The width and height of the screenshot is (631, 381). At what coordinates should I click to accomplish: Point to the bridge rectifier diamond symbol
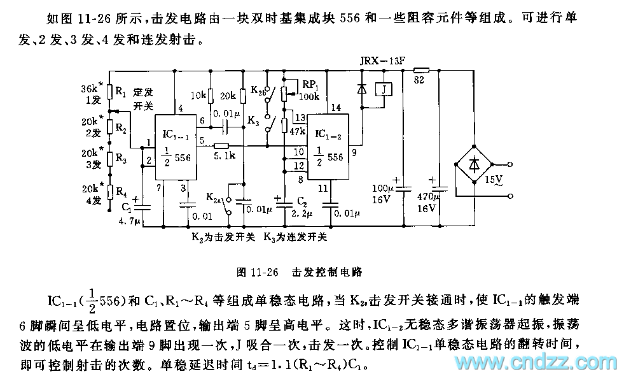click(x=475, y=164)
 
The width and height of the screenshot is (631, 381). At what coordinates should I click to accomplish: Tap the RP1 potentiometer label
click(x=310, y=84)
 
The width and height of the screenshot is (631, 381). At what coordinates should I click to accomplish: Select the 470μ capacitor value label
click(x=426, y=197)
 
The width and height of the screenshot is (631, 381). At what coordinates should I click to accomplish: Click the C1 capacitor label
click(x=127, y=208)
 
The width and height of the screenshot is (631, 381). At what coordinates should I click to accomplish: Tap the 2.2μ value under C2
click(x=303, y=214)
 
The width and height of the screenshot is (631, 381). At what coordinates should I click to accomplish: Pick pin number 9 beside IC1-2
click(x=354, y=153)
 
